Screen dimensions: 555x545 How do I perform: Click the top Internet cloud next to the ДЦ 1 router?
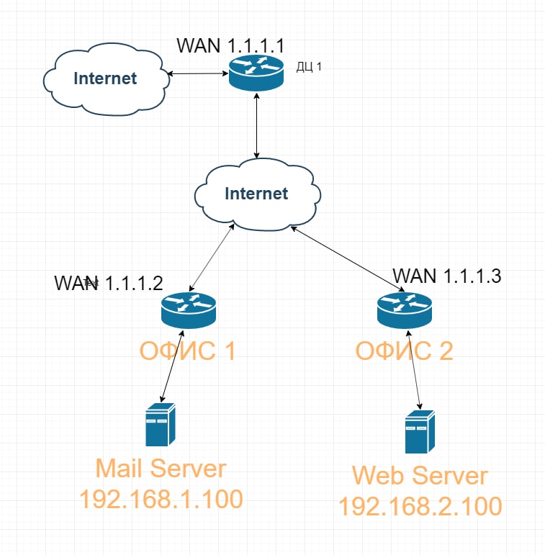[105, 78]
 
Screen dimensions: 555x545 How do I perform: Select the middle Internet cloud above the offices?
[256, 194]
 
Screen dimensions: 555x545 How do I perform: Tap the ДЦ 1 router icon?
[256, 74]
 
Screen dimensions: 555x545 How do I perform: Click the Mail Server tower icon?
[161, 425]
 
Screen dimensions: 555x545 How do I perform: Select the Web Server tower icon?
[420, 432]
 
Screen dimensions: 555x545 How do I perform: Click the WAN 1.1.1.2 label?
[109, 283]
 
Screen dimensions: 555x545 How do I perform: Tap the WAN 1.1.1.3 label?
[446, 275]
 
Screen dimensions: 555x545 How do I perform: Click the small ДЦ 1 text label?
[309, 67]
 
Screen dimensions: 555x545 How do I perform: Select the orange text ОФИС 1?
[187, 351]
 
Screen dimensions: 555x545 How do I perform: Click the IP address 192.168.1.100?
[161, 499]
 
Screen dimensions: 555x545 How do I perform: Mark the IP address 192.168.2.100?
[420, 506]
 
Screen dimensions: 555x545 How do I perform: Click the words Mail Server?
[161, 469]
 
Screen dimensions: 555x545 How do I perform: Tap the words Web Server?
[420, 476]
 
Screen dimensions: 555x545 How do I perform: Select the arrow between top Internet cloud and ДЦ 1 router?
[198, 73]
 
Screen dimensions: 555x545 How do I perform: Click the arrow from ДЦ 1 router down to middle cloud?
[257, 126]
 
